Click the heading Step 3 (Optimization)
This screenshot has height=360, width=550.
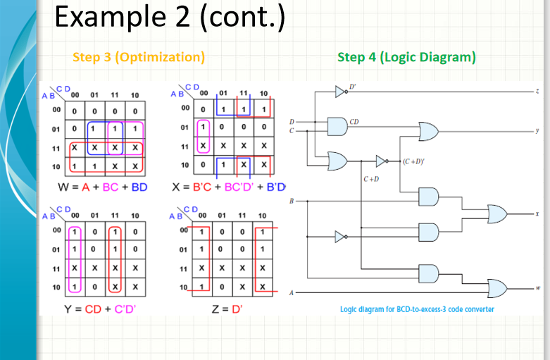[139, 57]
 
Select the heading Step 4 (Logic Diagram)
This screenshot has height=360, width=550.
[406, 57]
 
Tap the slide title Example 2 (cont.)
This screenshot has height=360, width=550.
[169, 18]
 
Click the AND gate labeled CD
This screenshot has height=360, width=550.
[337, 126]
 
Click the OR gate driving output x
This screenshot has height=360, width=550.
[497, 213]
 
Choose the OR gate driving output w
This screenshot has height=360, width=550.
[497, 288]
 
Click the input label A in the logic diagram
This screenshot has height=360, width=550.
[291, 293]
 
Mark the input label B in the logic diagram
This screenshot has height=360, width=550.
[291, 201]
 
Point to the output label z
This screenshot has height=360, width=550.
[537, 92]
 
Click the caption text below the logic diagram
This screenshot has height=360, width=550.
[417, 309]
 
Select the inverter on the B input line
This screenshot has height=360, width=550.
[341, 235]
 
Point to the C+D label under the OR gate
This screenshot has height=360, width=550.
[371, 179]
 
